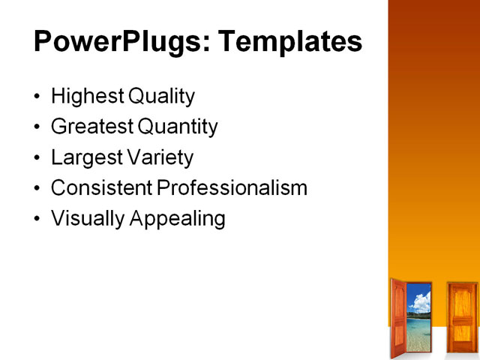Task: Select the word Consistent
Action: click(101, 187)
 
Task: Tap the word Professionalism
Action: click(232, 187)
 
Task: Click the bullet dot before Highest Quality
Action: click(38, 97)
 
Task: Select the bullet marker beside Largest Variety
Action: click(38, 158)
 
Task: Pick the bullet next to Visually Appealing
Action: click(38, 219)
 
